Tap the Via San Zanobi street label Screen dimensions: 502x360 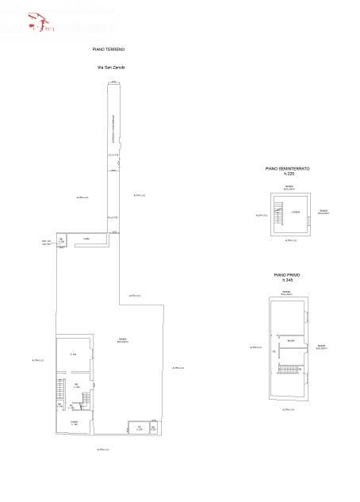pyautogui.click(x=110, y=67)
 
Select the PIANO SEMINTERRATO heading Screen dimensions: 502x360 pyautogui.click(x=287, y=169)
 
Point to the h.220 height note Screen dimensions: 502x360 pyautogui.click(x=288, y=174)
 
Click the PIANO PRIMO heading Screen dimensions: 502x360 pyautogui.click(x=287, y=275)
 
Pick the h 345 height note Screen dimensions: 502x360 pyautogui.click(x=287, y=280)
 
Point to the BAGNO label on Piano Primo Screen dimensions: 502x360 pyautogui.click(x=291, y=340)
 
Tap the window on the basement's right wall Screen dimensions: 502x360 pyautogui.click(x=308, y=213)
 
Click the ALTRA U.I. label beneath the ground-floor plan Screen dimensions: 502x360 pyautogui.click(x=102, y=450)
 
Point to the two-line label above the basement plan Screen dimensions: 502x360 pyautogui.click(x=289, y=188)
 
